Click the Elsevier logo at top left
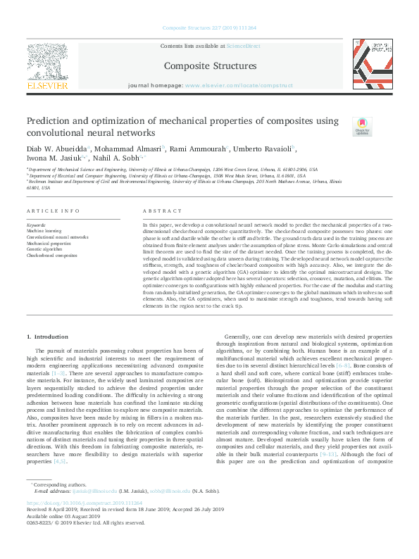48,68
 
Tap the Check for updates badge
362,127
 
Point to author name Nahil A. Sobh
114,159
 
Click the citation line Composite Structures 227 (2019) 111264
209,27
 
